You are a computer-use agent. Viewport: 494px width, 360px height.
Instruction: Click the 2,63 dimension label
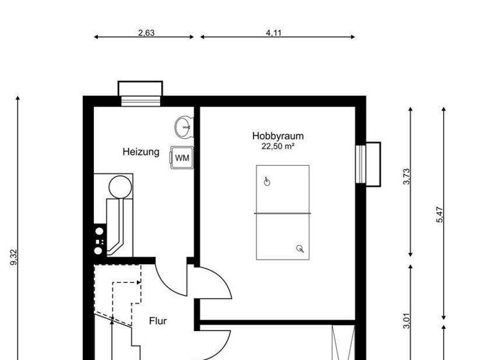click(146, 33)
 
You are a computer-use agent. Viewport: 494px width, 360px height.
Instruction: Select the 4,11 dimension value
click(273, 33)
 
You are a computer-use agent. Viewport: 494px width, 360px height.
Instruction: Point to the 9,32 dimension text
click(14, 257)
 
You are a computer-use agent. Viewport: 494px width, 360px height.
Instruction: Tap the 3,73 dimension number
click(406, 177)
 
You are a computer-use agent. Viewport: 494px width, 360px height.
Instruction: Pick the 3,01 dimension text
click(406, 319)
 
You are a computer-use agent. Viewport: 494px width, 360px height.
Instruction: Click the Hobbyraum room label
click(277, 136)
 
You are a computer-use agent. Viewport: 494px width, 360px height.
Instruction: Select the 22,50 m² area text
click(277, 147)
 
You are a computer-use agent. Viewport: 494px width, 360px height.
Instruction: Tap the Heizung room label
click(141, 152)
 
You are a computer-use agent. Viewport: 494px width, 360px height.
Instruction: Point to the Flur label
click(158, 320)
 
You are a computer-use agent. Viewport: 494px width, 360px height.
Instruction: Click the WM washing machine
click(182, 157)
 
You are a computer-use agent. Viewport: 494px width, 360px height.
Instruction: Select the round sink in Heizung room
click(184, 126)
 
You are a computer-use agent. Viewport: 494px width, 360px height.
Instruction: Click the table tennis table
click(282, 212)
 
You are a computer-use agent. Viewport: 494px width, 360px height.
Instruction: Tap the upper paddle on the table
click(268, 182)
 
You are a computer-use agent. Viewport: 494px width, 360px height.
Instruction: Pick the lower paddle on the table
click(299, 248)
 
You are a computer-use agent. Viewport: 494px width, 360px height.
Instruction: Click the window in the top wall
click(141, 91)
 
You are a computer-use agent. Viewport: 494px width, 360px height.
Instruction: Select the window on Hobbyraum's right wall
click(368, 164)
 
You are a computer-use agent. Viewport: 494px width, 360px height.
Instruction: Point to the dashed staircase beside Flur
click(119, 302)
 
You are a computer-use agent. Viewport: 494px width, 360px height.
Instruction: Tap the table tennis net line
click(282, 213)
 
